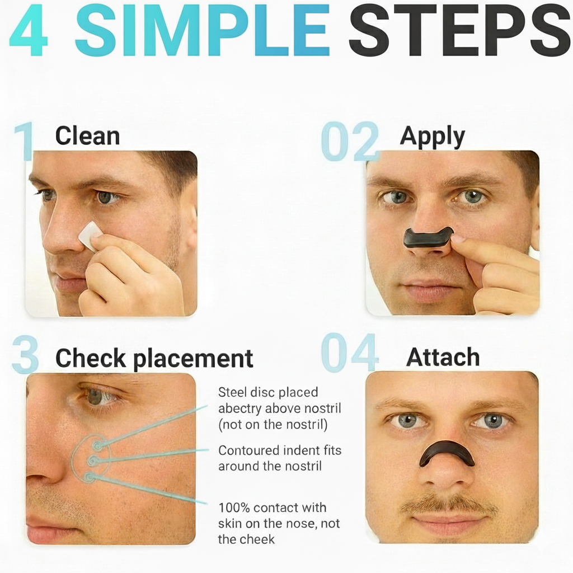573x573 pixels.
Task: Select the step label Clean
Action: tap(88, 136)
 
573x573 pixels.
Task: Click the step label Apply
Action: tap(433, 137)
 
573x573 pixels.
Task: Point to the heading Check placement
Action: tap(154, 358)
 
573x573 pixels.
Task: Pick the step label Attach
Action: tap(443, 357)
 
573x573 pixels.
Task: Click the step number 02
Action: tap(350, 142)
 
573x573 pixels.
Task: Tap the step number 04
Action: tap(350, 353)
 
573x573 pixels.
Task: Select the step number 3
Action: tap(25, 354)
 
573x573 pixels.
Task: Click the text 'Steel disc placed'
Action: tap(268, 392)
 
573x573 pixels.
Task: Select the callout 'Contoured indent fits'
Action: tap(280, 450)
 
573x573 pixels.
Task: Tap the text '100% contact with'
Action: tap(273, 508)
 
